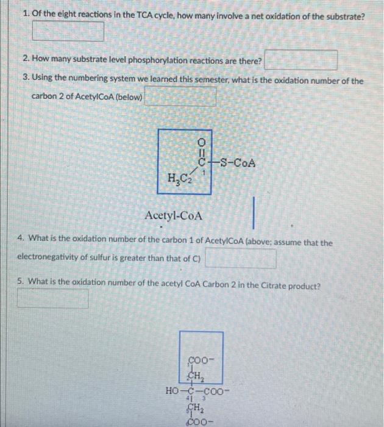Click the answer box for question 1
click(68, 31)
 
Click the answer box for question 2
click(302, 60)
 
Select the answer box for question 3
click(180, 97)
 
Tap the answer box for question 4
click(241, 259)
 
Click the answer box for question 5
click(52, 298)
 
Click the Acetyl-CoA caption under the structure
click(174, 216)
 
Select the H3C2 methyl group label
click(176, 179)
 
